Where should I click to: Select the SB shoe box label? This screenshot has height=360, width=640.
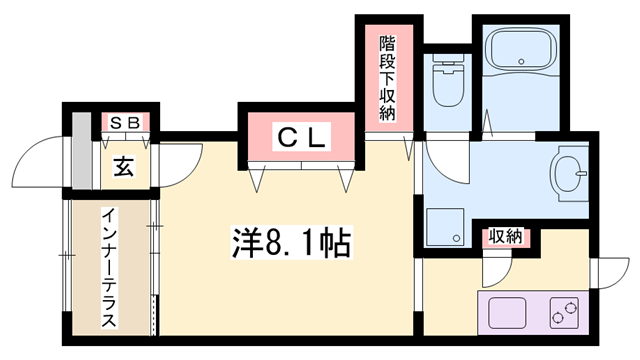(x=127, y=122)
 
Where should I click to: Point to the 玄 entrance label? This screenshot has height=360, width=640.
(x=126, y=165)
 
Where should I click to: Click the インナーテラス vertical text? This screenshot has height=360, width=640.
(x=108, y=267)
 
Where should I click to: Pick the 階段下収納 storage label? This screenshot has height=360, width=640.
(x=387, y=79)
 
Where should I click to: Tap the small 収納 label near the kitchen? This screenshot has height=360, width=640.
(x=505, y=237)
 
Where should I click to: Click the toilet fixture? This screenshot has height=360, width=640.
(x=445, y=84)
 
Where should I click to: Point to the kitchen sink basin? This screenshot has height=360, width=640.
(x=508, y=314)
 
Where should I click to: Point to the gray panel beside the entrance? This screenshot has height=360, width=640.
(x=80, y=156)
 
